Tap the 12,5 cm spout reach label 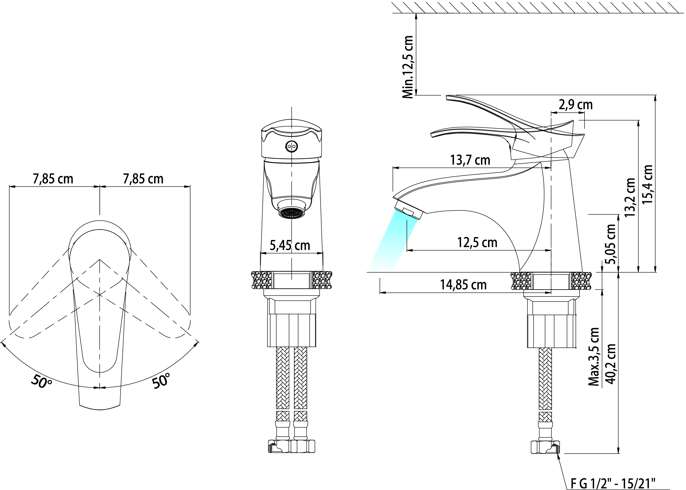coord(477,242)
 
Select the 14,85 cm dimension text coord(463,285)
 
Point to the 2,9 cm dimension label coord(575,105)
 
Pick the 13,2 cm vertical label coord(630,197)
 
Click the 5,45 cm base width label coord(290,245)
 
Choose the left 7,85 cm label coord(53,179)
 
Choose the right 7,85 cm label coord(143,179)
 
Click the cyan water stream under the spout coord(393,241)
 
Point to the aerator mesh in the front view coord(291,213)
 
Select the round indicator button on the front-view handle coord(291,146)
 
